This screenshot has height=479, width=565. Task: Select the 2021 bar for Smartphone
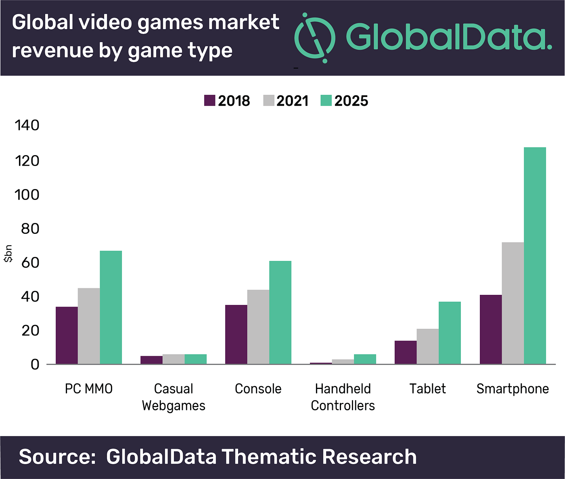513,303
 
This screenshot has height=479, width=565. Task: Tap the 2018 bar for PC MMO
67,335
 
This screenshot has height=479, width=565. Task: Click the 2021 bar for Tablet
428,346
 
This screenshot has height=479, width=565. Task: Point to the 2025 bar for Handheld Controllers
365,359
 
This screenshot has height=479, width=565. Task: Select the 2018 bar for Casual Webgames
151,360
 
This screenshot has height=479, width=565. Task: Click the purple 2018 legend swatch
210,101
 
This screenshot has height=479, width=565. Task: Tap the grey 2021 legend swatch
269,101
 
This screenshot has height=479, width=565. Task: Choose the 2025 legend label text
351,101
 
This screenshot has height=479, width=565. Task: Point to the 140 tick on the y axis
27,125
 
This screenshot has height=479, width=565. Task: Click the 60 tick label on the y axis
31,263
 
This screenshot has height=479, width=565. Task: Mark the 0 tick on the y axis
35,364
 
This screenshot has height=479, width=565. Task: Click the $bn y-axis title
8,254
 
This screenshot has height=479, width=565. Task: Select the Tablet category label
427,389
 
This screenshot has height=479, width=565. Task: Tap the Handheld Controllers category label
343,397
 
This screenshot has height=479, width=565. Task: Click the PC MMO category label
89,389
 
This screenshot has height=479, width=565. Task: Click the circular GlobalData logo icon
315,38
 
